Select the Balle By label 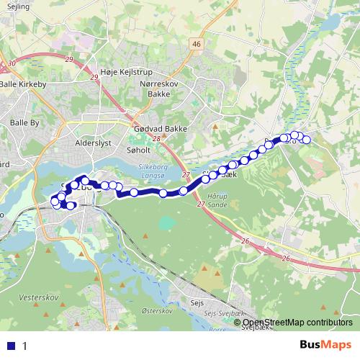pyautogui.click(x=24, y=123)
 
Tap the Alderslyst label pyautogui.click(x=93, y=143)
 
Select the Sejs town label pyautogui.click(x=195, y=303)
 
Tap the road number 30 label pyautogui.click(x=11, y=64)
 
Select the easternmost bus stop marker pyautogui.click(x=307, y=140)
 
